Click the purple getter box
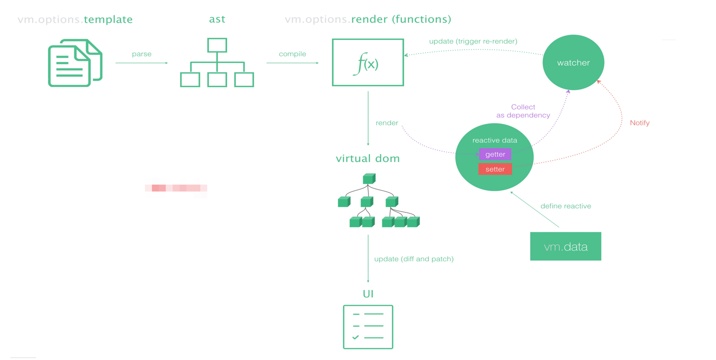[495, 154]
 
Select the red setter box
[495, 169]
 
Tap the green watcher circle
[573, 63]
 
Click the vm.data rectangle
[566, 246]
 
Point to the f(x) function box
[368, 63]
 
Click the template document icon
[75, 63]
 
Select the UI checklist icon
[368, 327]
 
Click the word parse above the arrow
[142, 54]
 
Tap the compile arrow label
[292, 54]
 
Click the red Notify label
[640, 123]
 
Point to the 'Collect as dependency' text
[523, 111]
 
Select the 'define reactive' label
[566, 206]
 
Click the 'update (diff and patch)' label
[414, 259]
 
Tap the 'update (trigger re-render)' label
[473, 41]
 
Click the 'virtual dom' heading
[368, 159]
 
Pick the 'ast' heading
[217, 19]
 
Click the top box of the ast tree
[217, 45]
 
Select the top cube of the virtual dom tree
[369, 179]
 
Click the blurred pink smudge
[176, 188]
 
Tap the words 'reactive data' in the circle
[495, 140]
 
